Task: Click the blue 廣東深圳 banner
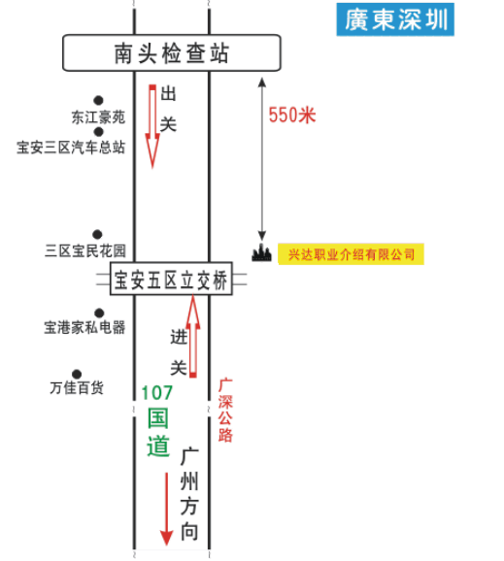coord(395,19)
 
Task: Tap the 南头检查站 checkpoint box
coord(172,53)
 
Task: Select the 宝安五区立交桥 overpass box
coord(171,279)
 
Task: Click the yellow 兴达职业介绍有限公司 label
coord(351,254)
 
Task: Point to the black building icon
coord(261,252)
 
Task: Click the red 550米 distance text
coord(292,115)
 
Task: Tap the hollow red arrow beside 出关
coord(152,126)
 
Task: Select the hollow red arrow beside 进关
coord(193,336)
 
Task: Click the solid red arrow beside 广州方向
coord(166,509)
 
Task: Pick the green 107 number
coord(157,392)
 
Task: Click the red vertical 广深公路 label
coord(225,411)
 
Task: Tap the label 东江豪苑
coord(98,117)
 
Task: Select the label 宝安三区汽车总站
coord(71,148)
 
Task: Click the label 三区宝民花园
coord(85,250)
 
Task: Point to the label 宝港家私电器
coord(84,327)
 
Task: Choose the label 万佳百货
coord(77,387)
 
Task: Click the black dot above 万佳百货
coord(77,375)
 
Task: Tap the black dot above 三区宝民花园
coord(97,234)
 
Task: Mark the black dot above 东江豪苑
coord(98,101)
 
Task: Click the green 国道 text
coord(158,432)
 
